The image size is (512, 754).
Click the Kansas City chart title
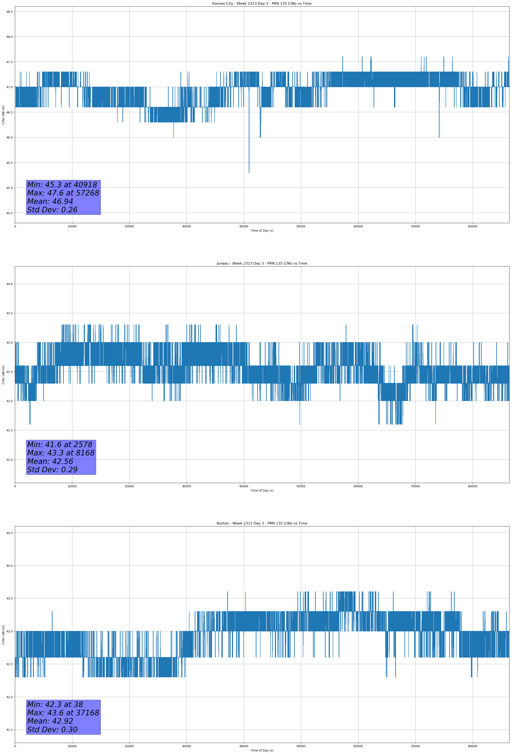click(x=262, y=4)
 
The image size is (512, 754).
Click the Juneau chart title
click(x=262, y=264)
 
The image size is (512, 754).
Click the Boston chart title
click(x=262, y=523)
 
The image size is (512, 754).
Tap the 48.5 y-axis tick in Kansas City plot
click(x=9, y=12)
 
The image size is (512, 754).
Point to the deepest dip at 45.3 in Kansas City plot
click(x=249, y=172)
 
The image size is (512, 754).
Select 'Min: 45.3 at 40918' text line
click(x=62, y=185)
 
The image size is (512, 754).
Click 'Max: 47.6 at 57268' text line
click(x=63, y=193)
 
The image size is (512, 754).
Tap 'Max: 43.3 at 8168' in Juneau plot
click(x=61, y=453)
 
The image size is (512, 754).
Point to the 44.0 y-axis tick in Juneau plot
click(x=9, y=284)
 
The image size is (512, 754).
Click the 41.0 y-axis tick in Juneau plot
click(x=9, y=459)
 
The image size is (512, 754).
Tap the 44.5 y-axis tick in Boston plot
click(x=9, y=533)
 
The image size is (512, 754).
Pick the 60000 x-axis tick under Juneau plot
click(x=358, y=486)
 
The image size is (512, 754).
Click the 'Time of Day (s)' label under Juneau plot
click(x=262, y=490)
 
